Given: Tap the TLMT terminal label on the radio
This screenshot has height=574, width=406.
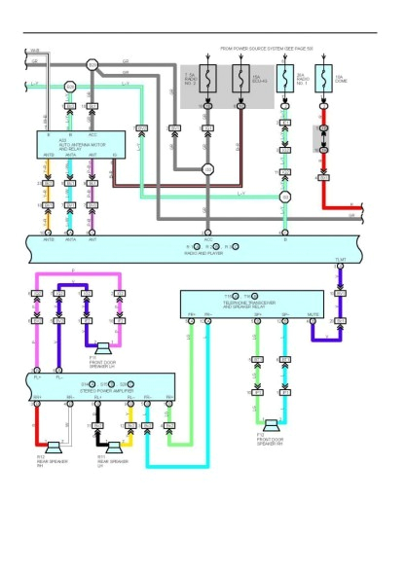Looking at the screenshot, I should tap(340, 261).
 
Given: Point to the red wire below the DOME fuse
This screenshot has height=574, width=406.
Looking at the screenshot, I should tap(325, 190).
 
